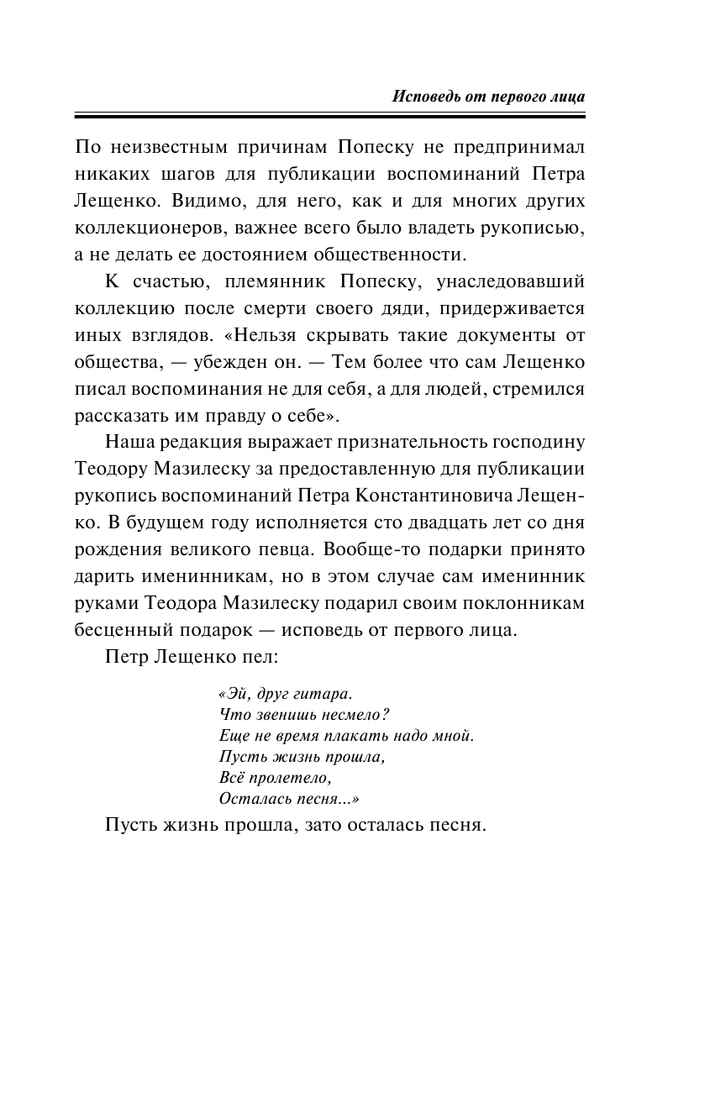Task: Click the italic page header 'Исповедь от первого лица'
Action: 488,96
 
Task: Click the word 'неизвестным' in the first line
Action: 164,149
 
